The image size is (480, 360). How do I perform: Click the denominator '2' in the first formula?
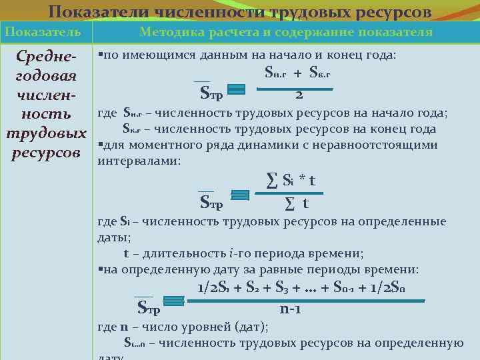299,95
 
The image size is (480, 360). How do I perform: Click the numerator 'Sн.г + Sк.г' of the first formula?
298,73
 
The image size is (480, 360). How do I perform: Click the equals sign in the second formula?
239,195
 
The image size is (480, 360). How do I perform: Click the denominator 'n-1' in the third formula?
292,310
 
